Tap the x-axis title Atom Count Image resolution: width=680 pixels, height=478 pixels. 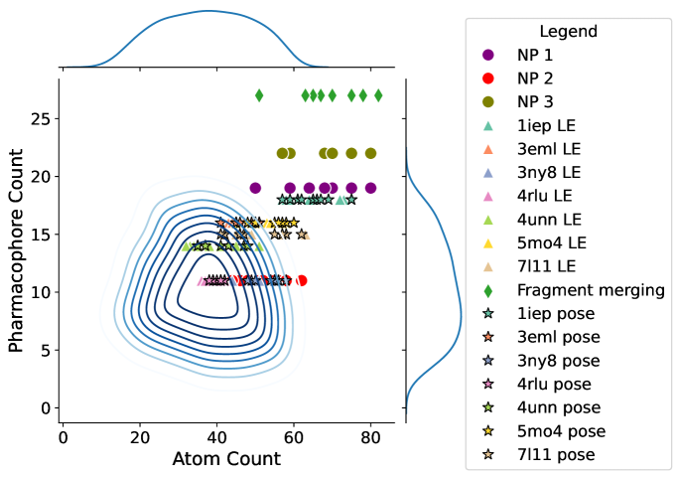(x=226, y=458)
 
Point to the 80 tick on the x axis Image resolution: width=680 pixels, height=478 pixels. (x=370, y=434)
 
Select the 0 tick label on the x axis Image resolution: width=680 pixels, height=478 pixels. (x=63, y=434)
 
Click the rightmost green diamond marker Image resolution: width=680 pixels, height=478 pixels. (x=378, y=95)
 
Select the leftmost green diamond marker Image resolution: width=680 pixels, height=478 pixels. (x=259, y=95)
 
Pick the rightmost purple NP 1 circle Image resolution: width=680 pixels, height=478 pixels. (x=370, y=188)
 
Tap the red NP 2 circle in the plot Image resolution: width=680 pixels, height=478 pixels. (x=301, y=280)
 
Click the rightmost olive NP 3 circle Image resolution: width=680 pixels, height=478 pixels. (x=370, y=153)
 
